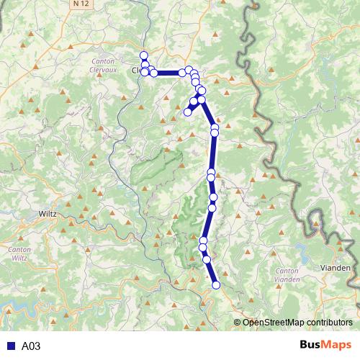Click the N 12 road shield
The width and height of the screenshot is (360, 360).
(x=81, y=4)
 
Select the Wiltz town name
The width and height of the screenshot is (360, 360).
(x=48, y=214)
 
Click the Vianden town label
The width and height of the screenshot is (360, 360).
(x=335, y=268)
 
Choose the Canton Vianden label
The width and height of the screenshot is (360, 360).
(x=287, y=275)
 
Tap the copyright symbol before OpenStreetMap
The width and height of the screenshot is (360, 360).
(x=237, y=322)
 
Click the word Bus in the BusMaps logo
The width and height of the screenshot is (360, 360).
(x=312, y=346)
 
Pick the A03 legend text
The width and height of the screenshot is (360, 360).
(x=31, y=346)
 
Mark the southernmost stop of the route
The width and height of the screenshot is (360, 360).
(x=216, y=286)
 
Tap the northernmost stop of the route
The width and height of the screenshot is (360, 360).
(x=143, y=55)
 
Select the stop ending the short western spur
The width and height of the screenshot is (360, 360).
(x=187, y=112)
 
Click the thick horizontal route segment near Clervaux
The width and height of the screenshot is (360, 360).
(x=168, y=73)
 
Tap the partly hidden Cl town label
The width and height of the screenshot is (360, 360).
(x=136, y=71)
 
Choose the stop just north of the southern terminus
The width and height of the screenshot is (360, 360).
(x=207, y=259)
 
